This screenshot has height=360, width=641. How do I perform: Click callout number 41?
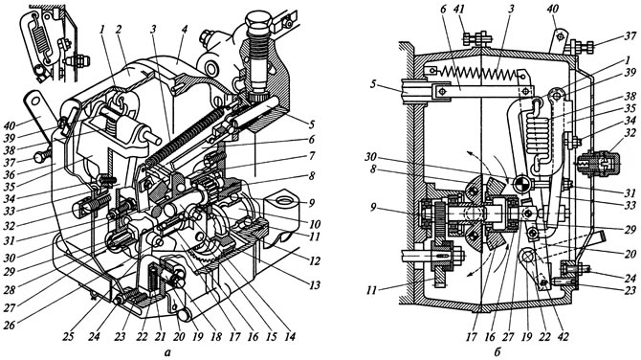point(459,9)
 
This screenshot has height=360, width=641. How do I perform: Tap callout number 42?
point(563,337)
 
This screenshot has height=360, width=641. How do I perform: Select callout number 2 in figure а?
point(118,29)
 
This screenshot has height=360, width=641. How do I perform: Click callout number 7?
point(312,156)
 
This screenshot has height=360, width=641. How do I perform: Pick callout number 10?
point(315,224)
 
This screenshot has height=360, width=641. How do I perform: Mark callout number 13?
point(315,284)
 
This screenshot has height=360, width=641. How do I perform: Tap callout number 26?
point(9,326)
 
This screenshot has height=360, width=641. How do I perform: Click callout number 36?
point(9,174)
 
